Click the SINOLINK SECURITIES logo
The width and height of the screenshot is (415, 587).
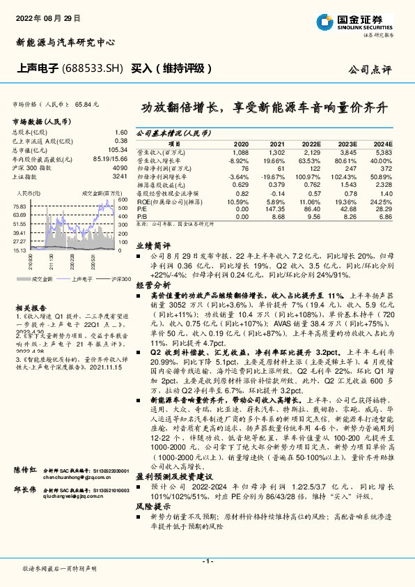coord(366,21)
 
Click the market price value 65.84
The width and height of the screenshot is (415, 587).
coord(83,104)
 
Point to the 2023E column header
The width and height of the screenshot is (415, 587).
coord(347,142)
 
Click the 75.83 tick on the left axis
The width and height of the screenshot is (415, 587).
coord(19,207)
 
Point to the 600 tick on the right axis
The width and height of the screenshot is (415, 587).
coord(123,199)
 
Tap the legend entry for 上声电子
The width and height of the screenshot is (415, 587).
coord(81,278)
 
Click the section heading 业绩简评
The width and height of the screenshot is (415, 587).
coord(152,246)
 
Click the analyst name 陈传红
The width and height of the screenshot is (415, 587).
coord(26,473)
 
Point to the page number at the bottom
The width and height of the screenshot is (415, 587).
coord(207,561)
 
